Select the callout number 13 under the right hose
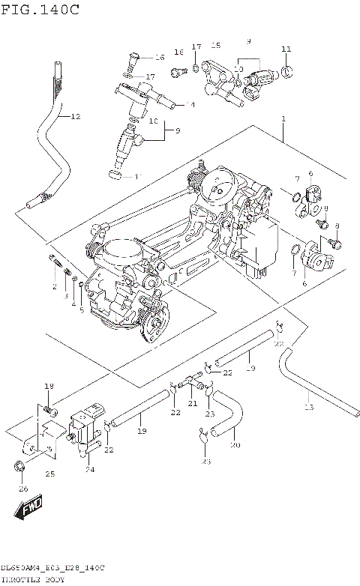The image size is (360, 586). [x=308, y=407]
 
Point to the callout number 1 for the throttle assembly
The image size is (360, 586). [x=283, y=119]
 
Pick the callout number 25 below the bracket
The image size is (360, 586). [x=50, y=474]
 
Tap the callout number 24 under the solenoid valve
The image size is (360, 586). [x=90, y=470]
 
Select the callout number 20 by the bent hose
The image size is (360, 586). [x=235, y=445]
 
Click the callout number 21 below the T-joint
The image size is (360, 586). [x=192, y=404]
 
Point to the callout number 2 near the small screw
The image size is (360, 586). [x=55, y=287]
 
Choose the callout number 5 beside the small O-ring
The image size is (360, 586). [x=82, y=309]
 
